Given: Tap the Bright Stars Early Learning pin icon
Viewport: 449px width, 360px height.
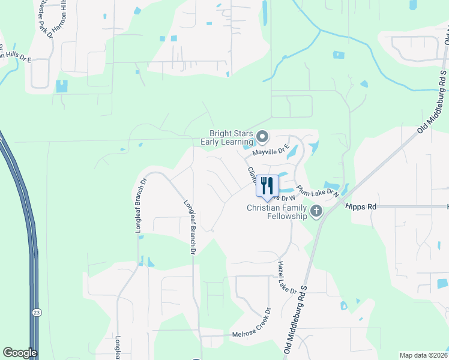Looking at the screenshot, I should click(262, 137).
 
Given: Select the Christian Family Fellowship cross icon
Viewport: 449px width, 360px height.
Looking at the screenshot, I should click(316, 211).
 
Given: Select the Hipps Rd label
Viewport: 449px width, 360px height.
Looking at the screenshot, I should click(361, 206).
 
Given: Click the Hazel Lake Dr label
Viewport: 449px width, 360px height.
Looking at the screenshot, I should click(288, 277).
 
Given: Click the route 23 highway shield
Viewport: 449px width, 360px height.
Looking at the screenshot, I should click(37, 313).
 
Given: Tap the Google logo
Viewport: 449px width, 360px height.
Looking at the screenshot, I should click(20, 353).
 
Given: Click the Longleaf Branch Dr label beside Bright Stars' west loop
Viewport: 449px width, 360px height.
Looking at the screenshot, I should click(143, 198).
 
